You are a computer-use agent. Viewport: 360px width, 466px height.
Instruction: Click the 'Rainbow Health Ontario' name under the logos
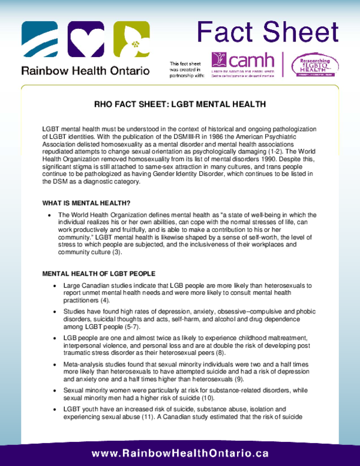pyautogui.click(x=85, y=70)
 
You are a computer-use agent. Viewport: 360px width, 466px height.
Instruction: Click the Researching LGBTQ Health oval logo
pyautogui.click(x=314, y=64)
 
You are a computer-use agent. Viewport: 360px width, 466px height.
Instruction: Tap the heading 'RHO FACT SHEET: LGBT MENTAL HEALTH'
pyautogui.click(x=180, y=104)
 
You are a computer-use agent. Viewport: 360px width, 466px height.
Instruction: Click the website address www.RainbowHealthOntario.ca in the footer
pyautogui.click(x=180, y=453)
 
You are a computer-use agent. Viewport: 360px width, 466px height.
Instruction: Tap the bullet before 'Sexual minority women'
pyautogui.click(x=55, y=390)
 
